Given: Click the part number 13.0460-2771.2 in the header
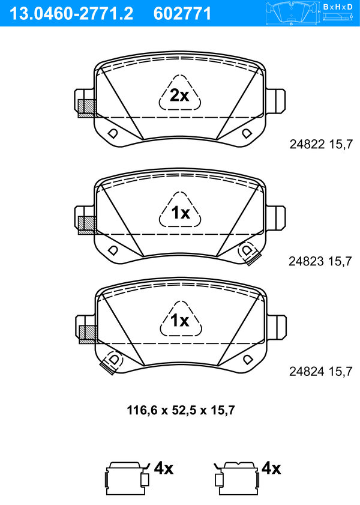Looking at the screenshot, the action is pyautogui.click(x=71, y=14).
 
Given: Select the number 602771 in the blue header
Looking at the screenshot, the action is pyautogui.click(x=182, y=14).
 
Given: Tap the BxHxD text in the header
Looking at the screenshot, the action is pyautogui.click(x=338, y=7).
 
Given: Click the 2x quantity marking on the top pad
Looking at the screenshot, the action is pyautogui.click(x=179, y=95).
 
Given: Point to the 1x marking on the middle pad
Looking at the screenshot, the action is pyautogui.click(x=181, y=213).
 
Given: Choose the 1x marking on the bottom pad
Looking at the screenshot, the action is pyautogui.click(x=180, y=320).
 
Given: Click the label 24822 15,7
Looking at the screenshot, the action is pyautogui.click(x=321, y=144).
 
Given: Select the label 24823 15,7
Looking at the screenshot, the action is pyautogui.click(x=320, y=261).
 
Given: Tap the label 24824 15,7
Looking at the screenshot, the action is pyautogui.click(x=321, y=371).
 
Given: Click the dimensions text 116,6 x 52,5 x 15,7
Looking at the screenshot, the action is pyautogui.click(x=181, y=410).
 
